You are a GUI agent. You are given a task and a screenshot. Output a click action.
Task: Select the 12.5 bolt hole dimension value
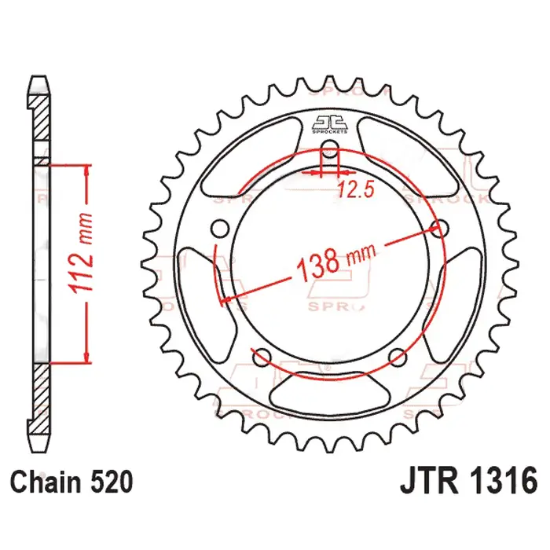(x=353, y=189)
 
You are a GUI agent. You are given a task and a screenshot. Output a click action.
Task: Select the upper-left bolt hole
(x=221, y=229)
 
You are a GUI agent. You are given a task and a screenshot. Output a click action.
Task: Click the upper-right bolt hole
(x=440, y=229)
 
